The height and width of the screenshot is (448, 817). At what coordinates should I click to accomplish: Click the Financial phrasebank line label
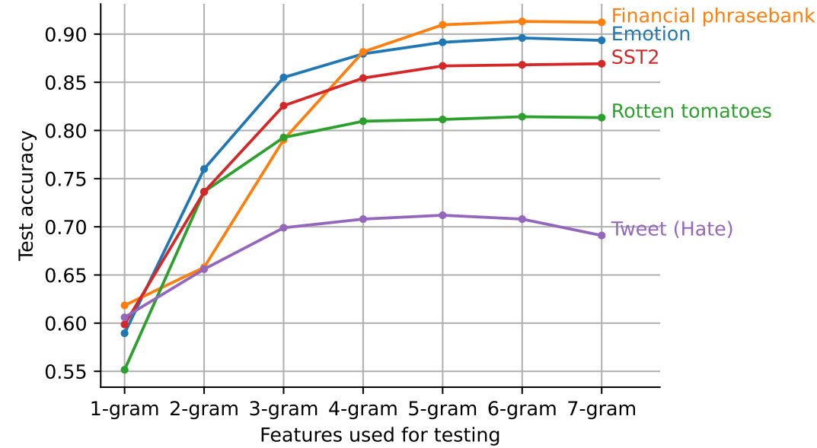coord(713,16)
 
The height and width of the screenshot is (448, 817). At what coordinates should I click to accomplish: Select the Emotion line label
coord(650,34)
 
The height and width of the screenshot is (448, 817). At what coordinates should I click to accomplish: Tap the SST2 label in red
coord(634,57)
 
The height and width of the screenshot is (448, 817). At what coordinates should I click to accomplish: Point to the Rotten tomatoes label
coord(691,112)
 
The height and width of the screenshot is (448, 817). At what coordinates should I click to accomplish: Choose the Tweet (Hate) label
coord(672,229)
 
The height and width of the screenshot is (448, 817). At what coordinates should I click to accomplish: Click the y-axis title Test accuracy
coord(27,195)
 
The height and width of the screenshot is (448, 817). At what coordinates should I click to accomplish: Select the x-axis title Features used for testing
coord(380,435)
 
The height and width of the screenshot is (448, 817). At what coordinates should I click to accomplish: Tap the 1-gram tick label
coord(125,409)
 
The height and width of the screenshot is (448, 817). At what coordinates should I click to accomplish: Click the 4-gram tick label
coord(363,409)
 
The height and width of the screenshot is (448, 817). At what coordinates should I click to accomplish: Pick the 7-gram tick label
coord(602,409)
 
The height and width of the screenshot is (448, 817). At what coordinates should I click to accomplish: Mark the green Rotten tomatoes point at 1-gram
coord(125,370)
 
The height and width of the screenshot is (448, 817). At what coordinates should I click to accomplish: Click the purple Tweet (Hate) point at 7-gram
coord(602,236)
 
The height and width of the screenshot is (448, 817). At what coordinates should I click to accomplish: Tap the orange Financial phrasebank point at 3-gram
coord(283,139)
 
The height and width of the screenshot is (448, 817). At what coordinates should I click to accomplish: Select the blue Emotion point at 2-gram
coord(204,169)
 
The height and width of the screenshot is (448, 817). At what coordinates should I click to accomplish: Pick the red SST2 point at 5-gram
coord(442,66)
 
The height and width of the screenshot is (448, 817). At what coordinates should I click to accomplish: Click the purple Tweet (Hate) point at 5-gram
coord(442,215)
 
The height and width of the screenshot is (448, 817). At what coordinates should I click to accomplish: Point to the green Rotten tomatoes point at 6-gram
coord(522,116)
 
